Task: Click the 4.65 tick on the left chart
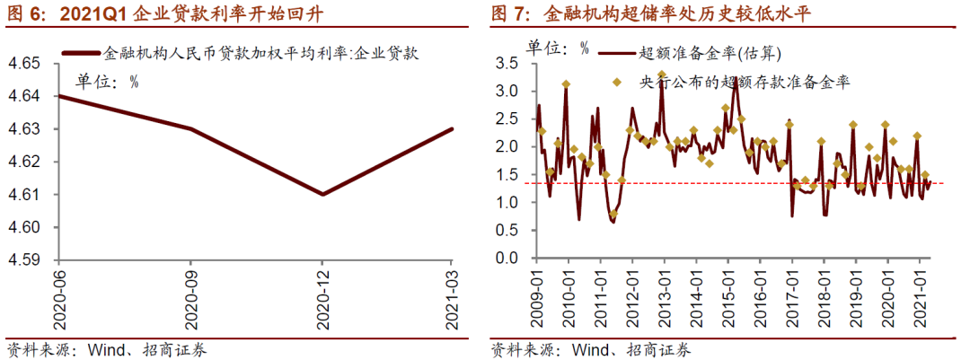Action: coord(26,64)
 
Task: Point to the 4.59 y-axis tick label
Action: coord(26,260)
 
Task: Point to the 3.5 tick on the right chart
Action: coord(507,64)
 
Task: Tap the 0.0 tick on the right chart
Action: coord(507,259)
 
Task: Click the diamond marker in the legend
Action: coord(616,82)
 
